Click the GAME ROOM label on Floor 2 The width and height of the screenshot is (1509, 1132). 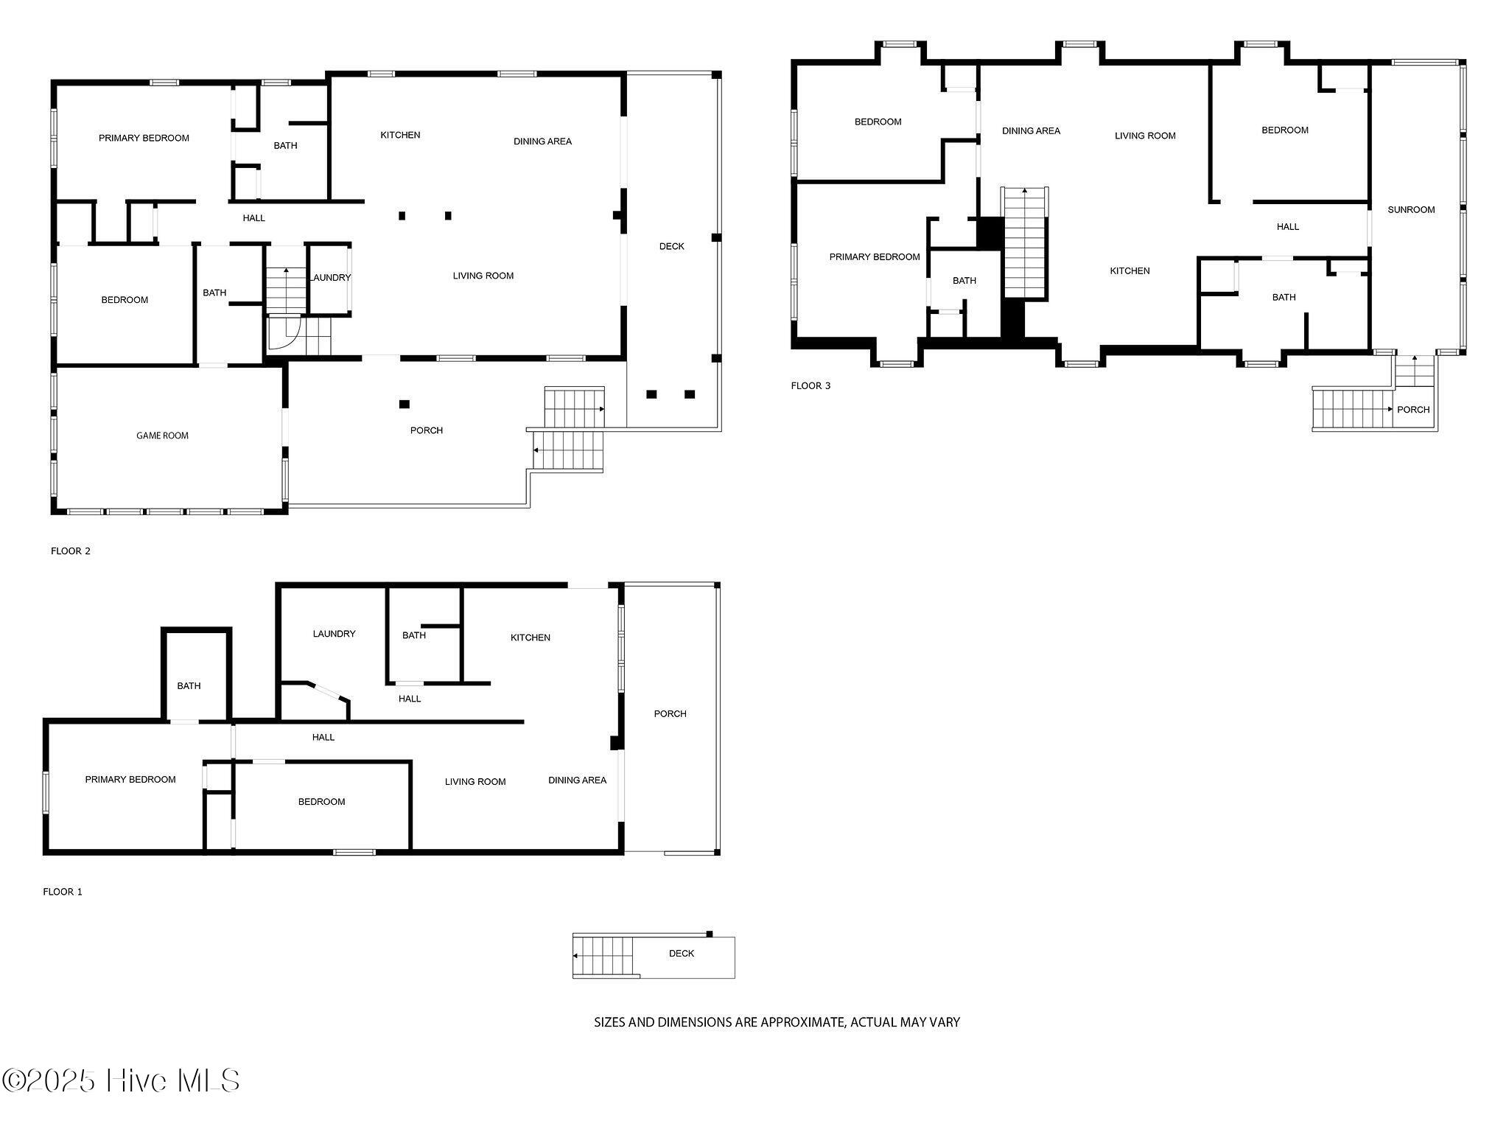point(162,436)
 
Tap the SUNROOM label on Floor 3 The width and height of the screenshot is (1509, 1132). point(1411,210)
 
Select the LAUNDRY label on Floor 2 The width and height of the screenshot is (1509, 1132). point(330,278)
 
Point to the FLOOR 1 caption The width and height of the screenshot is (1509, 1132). point(63,892)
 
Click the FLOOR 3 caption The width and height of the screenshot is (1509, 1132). point(810,386)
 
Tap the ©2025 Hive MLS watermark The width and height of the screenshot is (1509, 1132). point(122,1081)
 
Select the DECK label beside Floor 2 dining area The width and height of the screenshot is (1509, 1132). point(672,247)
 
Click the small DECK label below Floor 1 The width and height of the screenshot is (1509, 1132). point(682,954)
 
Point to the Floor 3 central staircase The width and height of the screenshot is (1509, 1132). point(1025,243)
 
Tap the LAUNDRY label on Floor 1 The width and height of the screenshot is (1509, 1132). point(334,634)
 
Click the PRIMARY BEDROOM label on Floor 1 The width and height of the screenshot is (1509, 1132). point(130,780)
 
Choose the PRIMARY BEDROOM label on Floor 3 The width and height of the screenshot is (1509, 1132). point(875,257)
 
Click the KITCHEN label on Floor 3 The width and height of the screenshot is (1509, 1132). point(1130,271)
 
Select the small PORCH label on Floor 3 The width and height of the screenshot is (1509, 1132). point(1413,410)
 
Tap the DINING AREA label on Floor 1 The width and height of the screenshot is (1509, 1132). point(578,780)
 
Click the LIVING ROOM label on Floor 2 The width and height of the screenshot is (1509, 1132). point(483,276)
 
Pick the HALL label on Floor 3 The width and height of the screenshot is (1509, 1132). point(1288,227)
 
